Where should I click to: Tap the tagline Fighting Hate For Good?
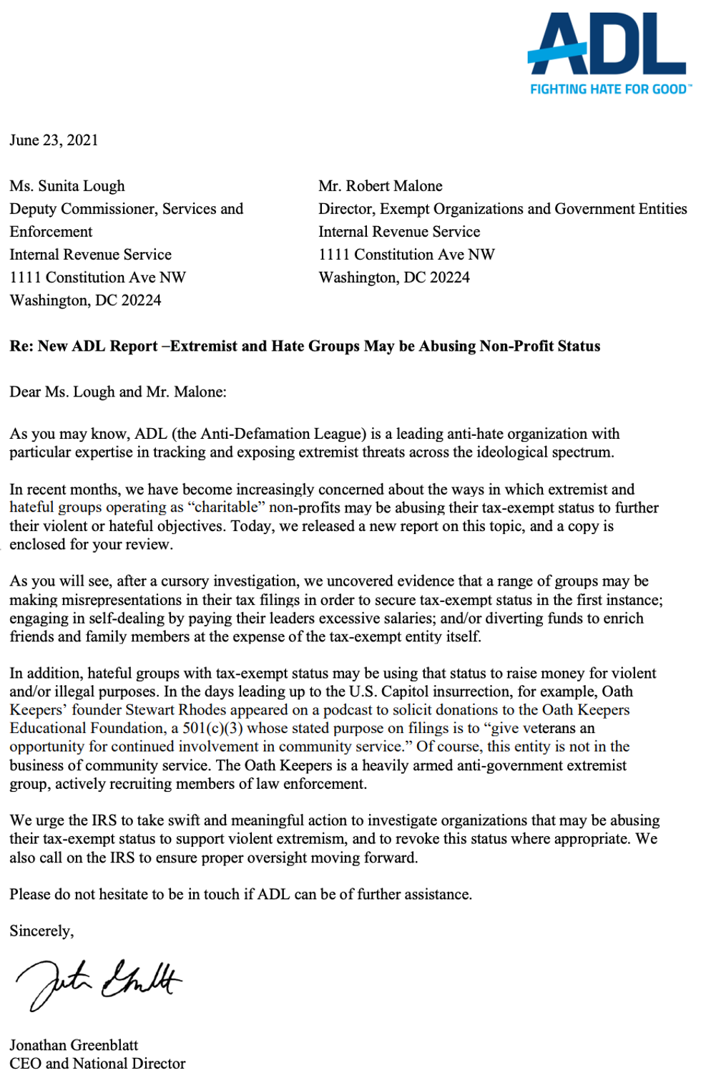[x=609, y=89]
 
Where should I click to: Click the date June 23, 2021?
[x=54, y=140]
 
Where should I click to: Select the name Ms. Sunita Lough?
[x=67, y=186]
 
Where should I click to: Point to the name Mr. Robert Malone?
[x=380, y=186]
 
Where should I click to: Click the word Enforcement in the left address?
[x=51, y=232]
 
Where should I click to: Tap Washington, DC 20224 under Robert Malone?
[x=393, y=278]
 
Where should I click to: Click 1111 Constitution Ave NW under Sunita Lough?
[x=97, y=278]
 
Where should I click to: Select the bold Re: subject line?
[x=305, y=346]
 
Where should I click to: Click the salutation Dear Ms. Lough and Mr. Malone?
[x=117, y=392]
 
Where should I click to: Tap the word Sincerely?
[x=41, y=931]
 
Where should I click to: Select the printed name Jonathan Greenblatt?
[x=74, y=1045]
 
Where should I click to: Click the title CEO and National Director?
[x=97, y=1064]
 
